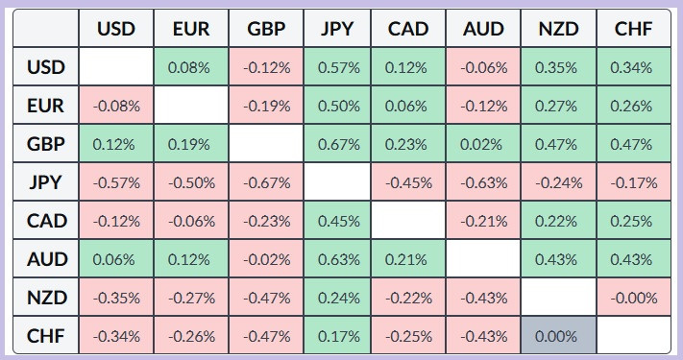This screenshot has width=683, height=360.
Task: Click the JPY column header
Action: (337, 28)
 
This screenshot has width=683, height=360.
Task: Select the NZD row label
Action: (46, 298)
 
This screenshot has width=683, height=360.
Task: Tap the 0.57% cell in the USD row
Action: (337, 66)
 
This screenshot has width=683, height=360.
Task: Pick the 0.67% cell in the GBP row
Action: (337, 144)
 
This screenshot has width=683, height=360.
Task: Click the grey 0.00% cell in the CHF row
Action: (558, 336)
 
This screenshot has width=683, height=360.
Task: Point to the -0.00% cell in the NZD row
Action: (634, 298)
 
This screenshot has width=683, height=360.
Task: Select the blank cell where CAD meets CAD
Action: (408, 220)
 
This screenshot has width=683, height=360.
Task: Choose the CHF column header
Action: (634, 28)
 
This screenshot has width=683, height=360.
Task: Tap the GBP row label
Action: (46, 144)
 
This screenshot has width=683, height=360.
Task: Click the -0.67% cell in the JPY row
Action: (266, 182)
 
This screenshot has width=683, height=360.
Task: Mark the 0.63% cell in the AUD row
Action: (337, 259)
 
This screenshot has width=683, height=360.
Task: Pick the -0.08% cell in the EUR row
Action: (116, 106)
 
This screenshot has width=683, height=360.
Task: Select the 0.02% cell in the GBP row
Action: (482, 144)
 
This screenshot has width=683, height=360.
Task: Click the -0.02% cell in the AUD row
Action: (266, 259)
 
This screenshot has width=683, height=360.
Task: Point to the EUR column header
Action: (191, 28)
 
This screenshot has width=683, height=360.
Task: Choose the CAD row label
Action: (46, 220)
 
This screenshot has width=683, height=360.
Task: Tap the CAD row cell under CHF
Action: (634, 220)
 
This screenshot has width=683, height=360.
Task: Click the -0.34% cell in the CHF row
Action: (116, 336)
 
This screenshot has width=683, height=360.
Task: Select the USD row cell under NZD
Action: (558, 66)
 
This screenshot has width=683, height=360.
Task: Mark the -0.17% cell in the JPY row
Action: (634, 182)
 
